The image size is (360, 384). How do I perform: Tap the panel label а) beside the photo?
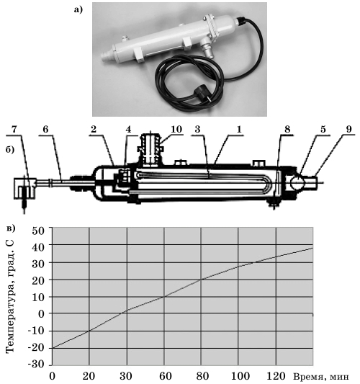coord(78,10)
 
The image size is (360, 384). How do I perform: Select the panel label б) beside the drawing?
coord(10,150)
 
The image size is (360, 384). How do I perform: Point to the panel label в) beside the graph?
coord(11,228)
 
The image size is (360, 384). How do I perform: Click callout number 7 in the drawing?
coord(14,130)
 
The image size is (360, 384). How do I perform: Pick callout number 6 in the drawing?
coord(45,130)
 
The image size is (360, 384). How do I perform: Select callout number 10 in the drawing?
coord(176,129)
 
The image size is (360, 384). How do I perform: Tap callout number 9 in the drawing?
coord(349,129)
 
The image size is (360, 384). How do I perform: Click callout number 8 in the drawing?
coord(287,129)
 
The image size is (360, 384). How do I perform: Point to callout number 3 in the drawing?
coord(197,129)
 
